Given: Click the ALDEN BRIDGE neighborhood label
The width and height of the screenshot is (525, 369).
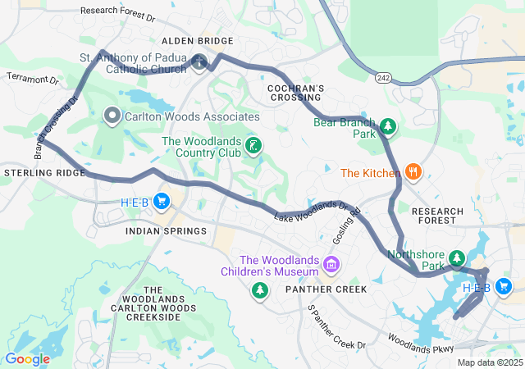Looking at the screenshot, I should coord(198,40).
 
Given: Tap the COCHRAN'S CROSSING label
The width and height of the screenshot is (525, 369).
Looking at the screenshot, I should coord(297,93).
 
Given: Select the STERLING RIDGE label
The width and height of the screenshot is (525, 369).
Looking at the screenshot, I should coord(43,174).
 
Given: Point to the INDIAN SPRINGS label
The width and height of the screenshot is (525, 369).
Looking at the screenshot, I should coord(167,231).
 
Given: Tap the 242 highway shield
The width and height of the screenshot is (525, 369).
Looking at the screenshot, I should coord(383,77).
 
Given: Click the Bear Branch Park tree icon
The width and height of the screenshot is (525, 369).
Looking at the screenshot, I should coord(388,127).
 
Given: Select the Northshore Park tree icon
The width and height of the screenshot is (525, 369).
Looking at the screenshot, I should coord(456,260).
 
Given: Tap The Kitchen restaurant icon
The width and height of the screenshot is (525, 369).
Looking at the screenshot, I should coord(413,172).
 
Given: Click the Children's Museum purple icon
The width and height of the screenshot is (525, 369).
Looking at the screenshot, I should coord(331,264).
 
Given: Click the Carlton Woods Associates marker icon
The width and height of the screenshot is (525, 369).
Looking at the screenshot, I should coord(112,116).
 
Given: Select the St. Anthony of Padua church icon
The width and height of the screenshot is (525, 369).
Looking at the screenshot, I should coord(199,62).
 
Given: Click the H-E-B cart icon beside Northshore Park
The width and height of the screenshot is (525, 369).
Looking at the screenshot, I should coord(503,287).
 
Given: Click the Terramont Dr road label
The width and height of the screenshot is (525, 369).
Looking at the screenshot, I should coord(33,80).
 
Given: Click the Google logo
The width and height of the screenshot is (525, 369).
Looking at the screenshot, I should coord(27,358).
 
